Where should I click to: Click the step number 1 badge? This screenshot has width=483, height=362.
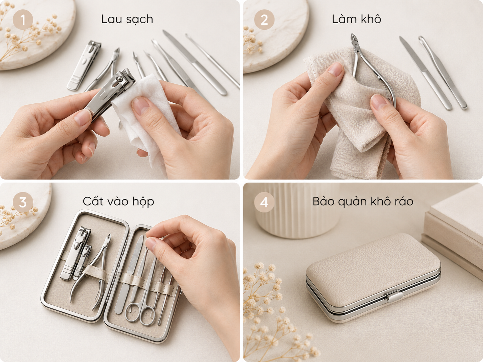tap(23, 20)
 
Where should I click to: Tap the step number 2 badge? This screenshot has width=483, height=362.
tap(264, 20)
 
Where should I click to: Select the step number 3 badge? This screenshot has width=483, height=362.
tap(23, 202)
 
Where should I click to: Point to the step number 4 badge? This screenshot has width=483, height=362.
tap(264, 202)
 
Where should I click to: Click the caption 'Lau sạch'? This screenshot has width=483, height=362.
tap(127, 19)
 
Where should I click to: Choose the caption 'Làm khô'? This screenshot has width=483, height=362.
tap(357, 19)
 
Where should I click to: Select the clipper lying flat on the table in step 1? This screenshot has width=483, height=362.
tap(84, 65)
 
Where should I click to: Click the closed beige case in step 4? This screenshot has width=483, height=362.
tap(373, 278)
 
